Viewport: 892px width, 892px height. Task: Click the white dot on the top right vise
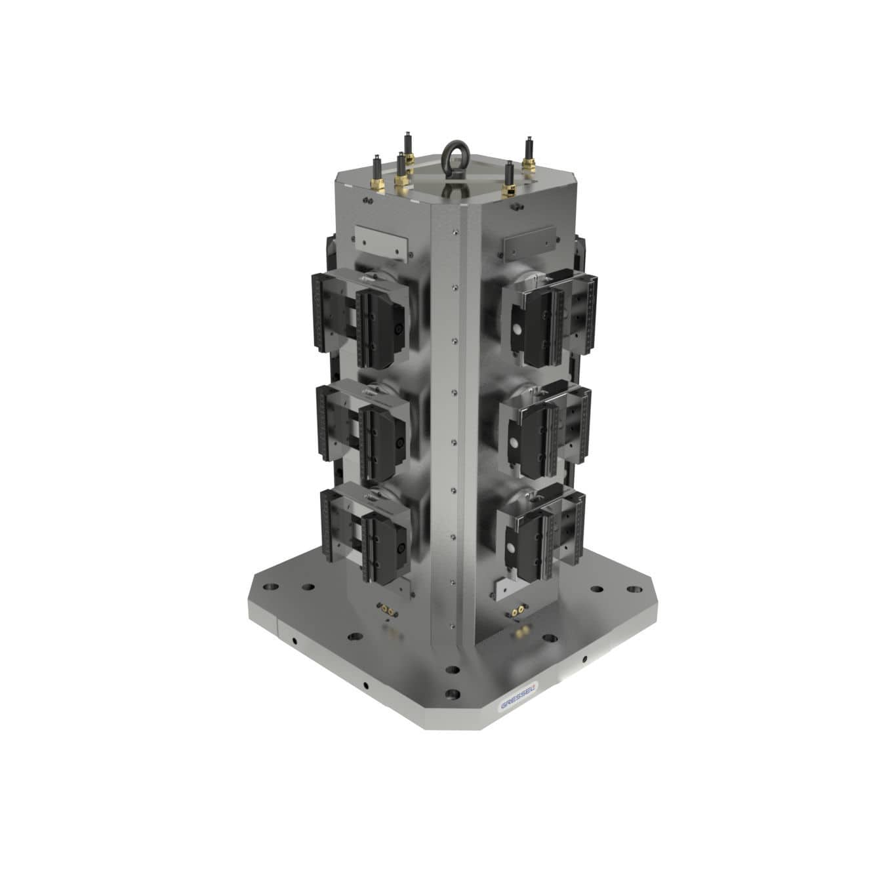[x=517, y=329]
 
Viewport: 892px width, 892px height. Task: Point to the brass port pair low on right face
[x=517, y=610]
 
